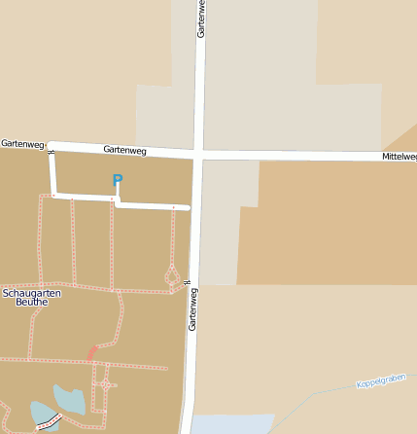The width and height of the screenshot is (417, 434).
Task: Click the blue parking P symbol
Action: coord(118,180)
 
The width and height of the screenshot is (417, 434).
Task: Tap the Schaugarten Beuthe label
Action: coord(25,297)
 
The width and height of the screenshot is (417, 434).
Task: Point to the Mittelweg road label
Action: coord(399,156)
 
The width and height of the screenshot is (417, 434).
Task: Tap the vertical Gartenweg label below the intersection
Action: coord(192,308)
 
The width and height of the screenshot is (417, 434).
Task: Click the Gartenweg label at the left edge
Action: coord(21,143)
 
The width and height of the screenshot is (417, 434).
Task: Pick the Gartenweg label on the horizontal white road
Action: coord(124,150)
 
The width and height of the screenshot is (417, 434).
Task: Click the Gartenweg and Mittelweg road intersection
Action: coord(198,154)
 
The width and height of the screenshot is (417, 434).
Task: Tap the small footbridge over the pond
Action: coord(48,422)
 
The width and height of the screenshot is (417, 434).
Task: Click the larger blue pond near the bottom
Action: coord(68,399)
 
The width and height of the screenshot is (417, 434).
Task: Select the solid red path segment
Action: coord(92,352)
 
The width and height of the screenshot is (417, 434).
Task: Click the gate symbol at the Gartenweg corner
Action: coord(51,152)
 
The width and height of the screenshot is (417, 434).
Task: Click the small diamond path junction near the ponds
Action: coord(103,385)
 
